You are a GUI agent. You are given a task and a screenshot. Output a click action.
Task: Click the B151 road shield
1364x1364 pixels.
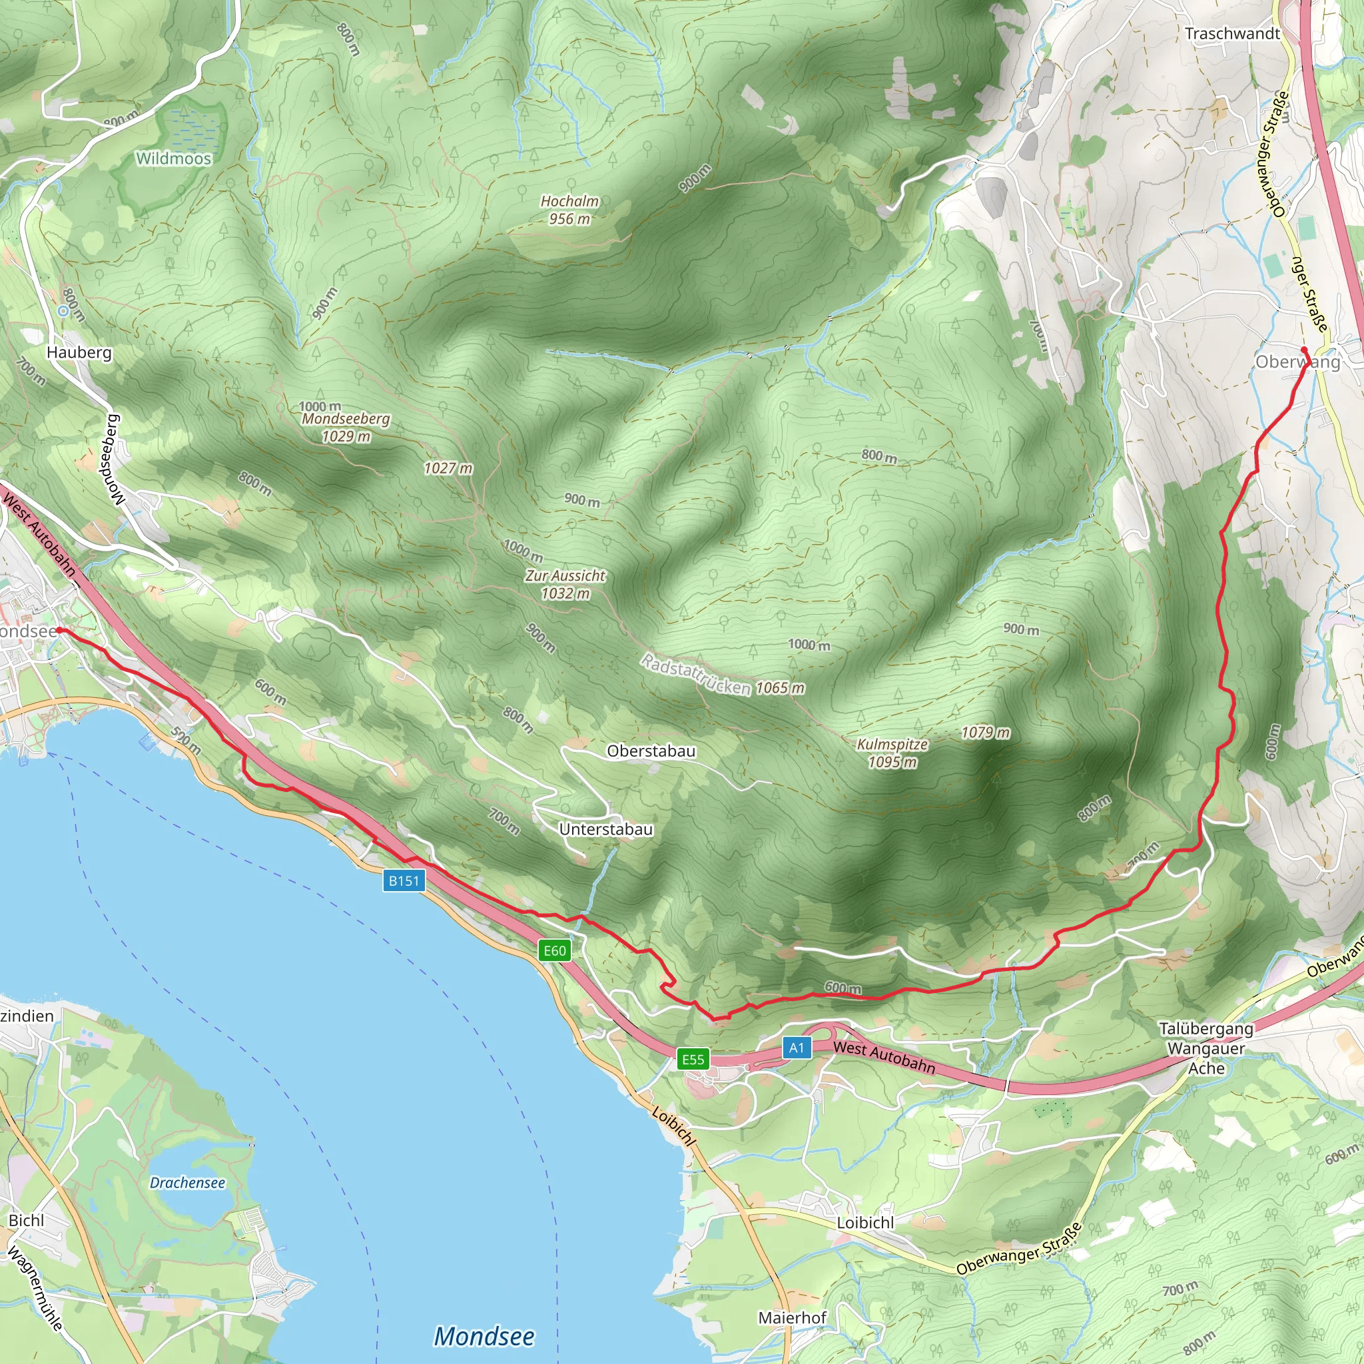point(404,880)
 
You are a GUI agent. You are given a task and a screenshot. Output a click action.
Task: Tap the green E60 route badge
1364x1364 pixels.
point(554,950)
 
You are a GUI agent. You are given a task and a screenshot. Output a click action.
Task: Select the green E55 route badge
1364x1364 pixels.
point(693,1059)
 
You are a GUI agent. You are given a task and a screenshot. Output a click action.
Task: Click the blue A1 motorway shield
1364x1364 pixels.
point(797,1048)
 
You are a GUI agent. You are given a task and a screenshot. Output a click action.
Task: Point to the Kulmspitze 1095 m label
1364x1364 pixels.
point(892,753)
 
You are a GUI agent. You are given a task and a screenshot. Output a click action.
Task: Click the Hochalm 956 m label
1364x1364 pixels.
point(569,210)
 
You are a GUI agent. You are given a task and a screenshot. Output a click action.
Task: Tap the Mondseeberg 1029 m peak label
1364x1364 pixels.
point(345,427)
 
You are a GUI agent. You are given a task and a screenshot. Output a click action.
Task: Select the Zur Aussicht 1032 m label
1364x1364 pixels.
point(565,585)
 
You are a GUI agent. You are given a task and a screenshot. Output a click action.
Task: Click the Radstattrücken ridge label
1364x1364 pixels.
point(695,674)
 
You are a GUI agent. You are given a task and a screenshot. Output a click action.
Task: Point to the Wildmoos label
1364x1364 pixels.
point(174,158)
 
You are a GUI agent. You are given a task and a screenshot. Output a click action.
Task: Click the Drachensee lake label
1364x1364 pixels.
point(187,1183)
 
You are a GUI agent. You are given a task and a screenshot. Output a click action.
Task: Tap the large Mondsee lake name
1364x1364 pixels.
point(484,1336)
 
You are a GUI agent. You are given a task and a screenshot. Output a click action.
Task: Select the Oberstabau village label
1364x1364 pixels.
point(651,751)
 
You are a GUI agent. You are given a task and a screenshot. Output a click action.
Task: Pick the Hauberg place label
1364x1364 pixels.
point(79,352)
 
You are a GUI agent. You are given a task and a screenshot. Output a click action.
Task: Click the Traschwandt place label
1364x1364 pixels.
point(1232,34)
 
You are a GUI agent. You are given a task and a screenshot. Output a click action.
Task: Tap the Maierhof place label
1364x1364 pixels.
point(792,1317)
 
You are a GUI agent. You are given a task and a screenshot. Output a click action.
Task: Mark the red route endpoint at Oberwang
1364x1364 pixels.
point(1304,350)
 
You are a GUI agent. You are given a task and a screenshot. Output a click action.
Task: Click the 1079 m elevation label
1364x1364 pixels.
point(985,733)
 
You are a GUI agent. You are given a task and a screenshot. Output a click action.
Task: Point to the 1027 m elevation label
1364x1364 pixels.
point(448,468)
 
